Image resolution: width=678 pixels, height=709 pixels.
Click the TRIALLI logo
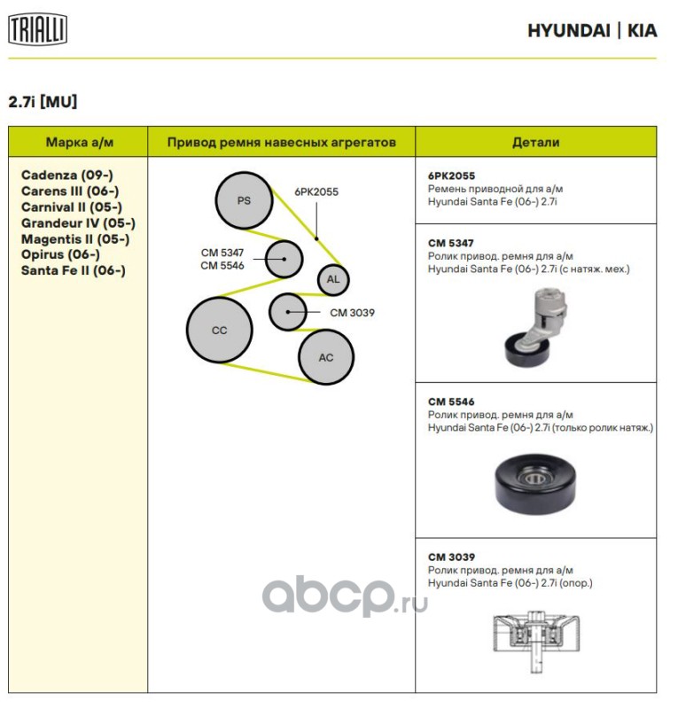(38, 30)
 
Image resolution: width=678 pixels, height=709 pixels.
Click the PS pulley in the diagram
(244, 200)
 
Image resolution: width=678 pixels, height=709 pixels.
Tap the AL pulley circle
(333, 279)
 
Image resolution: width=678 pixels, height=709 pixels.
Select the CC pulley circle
(219, 330)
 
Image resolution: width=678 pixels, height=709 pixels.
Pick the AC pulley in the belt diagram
(326, 357)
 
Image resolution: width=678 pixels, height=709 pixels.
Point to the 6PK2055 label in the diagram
(316, 191)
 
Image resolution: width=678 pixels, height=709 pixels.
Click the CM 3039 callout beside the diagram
(352, 312)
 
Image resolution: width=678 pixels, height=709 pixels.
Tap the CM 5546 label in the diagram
(222, 265)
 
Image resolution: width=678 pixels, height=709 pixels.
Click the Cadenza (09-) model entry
(67, 175)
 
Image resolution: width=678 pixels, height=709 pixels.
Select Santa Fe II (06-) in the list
(74, 270)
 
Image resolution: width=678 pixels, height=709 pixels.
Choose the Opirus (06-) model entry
(60, 254)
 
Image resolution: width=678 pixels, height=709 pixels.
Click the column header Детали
(535, 142)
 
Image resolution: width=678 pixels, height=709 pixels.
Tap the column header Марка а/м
(80, 142)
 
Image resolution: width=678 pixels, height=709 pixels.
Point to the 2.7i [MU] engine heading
(43, 102)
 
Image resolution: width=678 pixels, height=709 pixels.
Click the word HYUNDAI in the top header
(568, 31)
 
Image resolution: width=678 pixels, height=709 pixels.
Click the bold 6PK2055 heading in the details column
(451, 175)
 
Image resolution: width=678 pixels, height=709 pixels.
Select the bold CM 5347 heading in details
(450, 242)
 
